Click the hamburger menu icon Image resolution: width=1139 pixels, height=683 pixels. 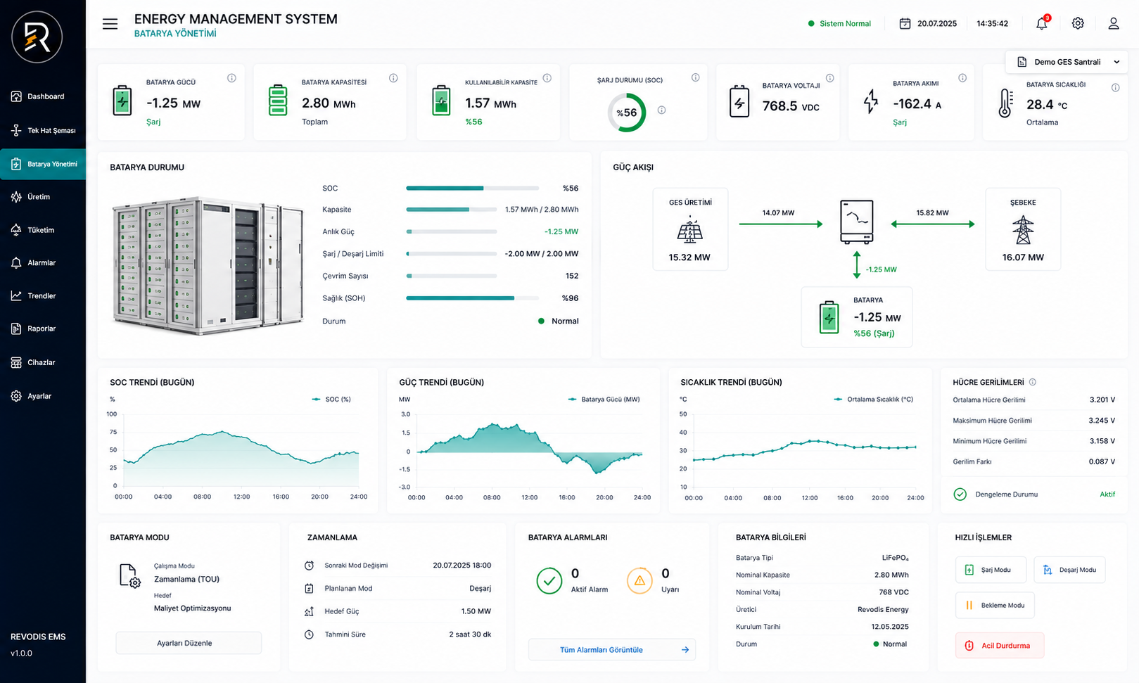(110, 23)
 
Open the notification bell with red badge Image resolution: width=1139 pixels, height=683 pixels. (1042, 23)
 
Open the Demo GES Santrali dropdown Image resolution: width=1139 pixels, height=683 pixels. (1067, 62)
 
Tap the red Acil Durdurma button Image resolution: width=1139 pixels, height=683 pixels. (999, 645)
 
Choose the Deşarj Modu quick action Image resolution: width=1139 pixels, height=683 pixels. (1069, 570)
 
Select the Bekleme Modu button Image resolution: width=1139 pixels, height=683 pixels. (995, 605)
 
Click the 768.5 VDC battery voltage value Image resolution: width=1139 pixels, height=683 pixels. (791, 106)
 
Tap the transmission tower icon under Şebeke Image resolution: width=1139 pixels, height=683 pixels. (1022, 230)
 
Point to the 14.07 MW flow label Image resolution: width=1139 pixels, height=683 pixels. (778, 212)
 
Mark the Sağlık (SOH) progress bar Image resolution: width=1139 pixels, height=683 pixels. (472, 298)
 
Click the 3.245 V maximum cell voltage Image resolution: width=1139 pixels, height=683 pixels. (1102, 421)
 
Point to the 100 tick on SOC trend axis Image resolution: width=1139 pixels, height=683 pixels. (111, 414)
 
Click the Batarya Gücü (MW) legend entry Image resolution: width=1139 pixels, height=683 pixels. (604, 400)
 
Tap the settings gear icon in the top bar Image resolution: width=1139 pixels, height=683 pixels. (1078, 23)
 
